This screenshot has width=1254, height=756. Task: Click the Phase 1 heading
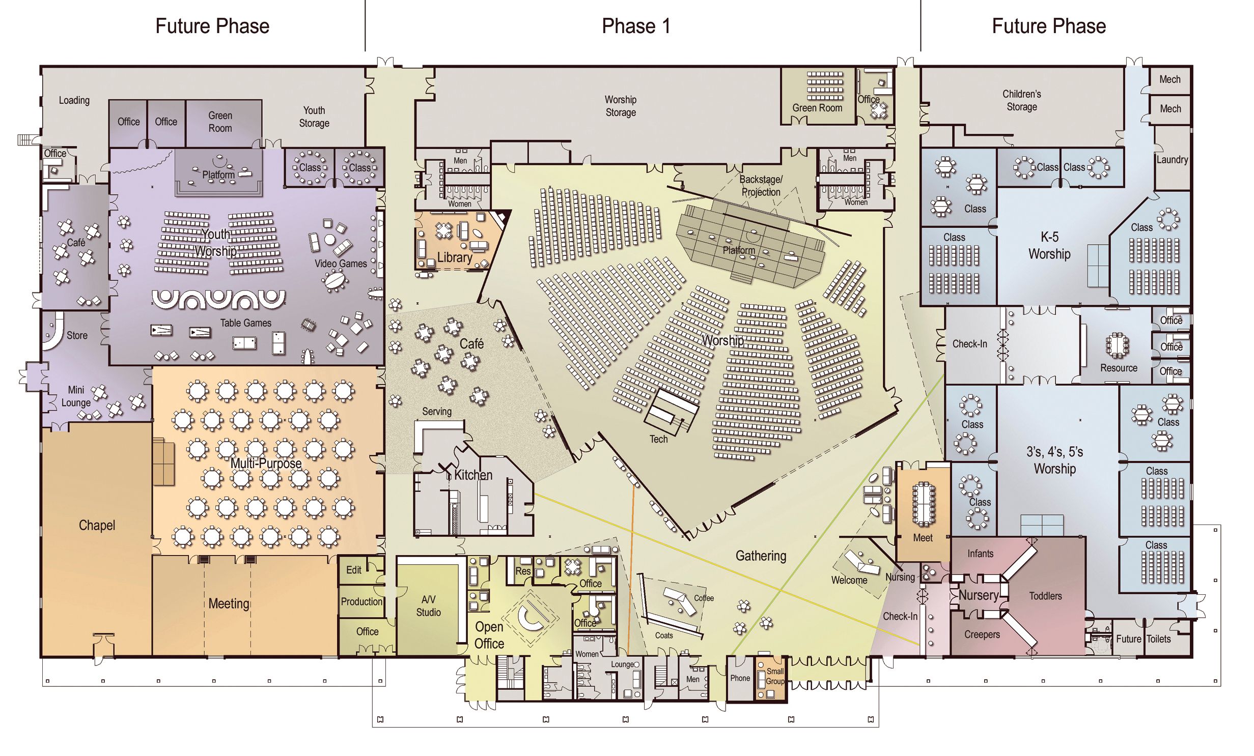[636, 26]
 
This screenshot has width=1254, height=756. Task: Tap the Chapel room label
[97, 526]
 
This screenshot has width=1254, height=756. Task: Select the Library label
[455, 257]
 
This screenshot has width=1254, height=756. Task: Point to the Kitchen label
[473, 475]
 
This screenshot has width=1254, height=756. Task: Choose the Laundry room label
[1172, 160]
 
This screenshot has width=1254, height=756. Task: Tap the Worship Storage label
[621, 106]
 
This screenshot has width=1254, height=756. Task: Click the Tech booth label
[658, 439]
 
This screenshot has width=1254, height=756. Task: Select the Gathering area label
[761, 556]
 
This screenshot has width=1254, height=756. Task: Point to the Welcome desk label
[849, 580]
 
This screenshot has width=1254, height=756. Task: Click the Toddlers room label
[1045, 596]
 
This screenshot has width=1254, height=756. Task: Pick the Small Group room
[771, 680]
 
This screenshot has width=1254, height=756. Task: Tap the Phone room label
[740, 678]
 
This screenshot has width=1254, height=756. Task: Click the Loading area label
[74, 100]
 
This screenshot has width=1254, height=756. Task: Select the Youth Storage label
[314, 117]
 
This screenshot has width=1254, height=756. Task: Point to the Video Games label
[341, 264]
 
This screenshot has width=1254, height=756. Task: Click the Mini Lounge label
[76, 396]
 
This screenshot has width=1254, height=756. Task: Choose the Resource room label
[1119, 368]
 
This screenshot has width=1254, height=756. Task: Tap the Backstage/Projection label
[761, 186]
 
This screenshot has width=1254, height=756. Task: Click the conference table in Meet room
[923, 504]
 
